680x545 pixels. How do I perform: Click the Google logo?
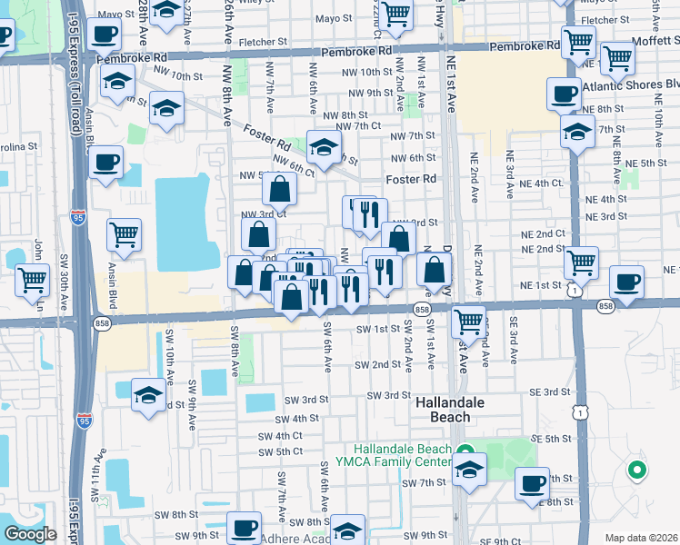click(x=30, y=534)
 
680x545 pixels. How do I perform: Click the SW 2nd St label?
click(x=378, y=364)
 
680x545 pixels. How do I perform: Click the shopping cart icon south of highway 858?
click(x=467, y=320)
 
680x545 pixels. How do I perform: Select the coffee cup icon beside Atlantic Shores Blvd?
click(x=564, y=94)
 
